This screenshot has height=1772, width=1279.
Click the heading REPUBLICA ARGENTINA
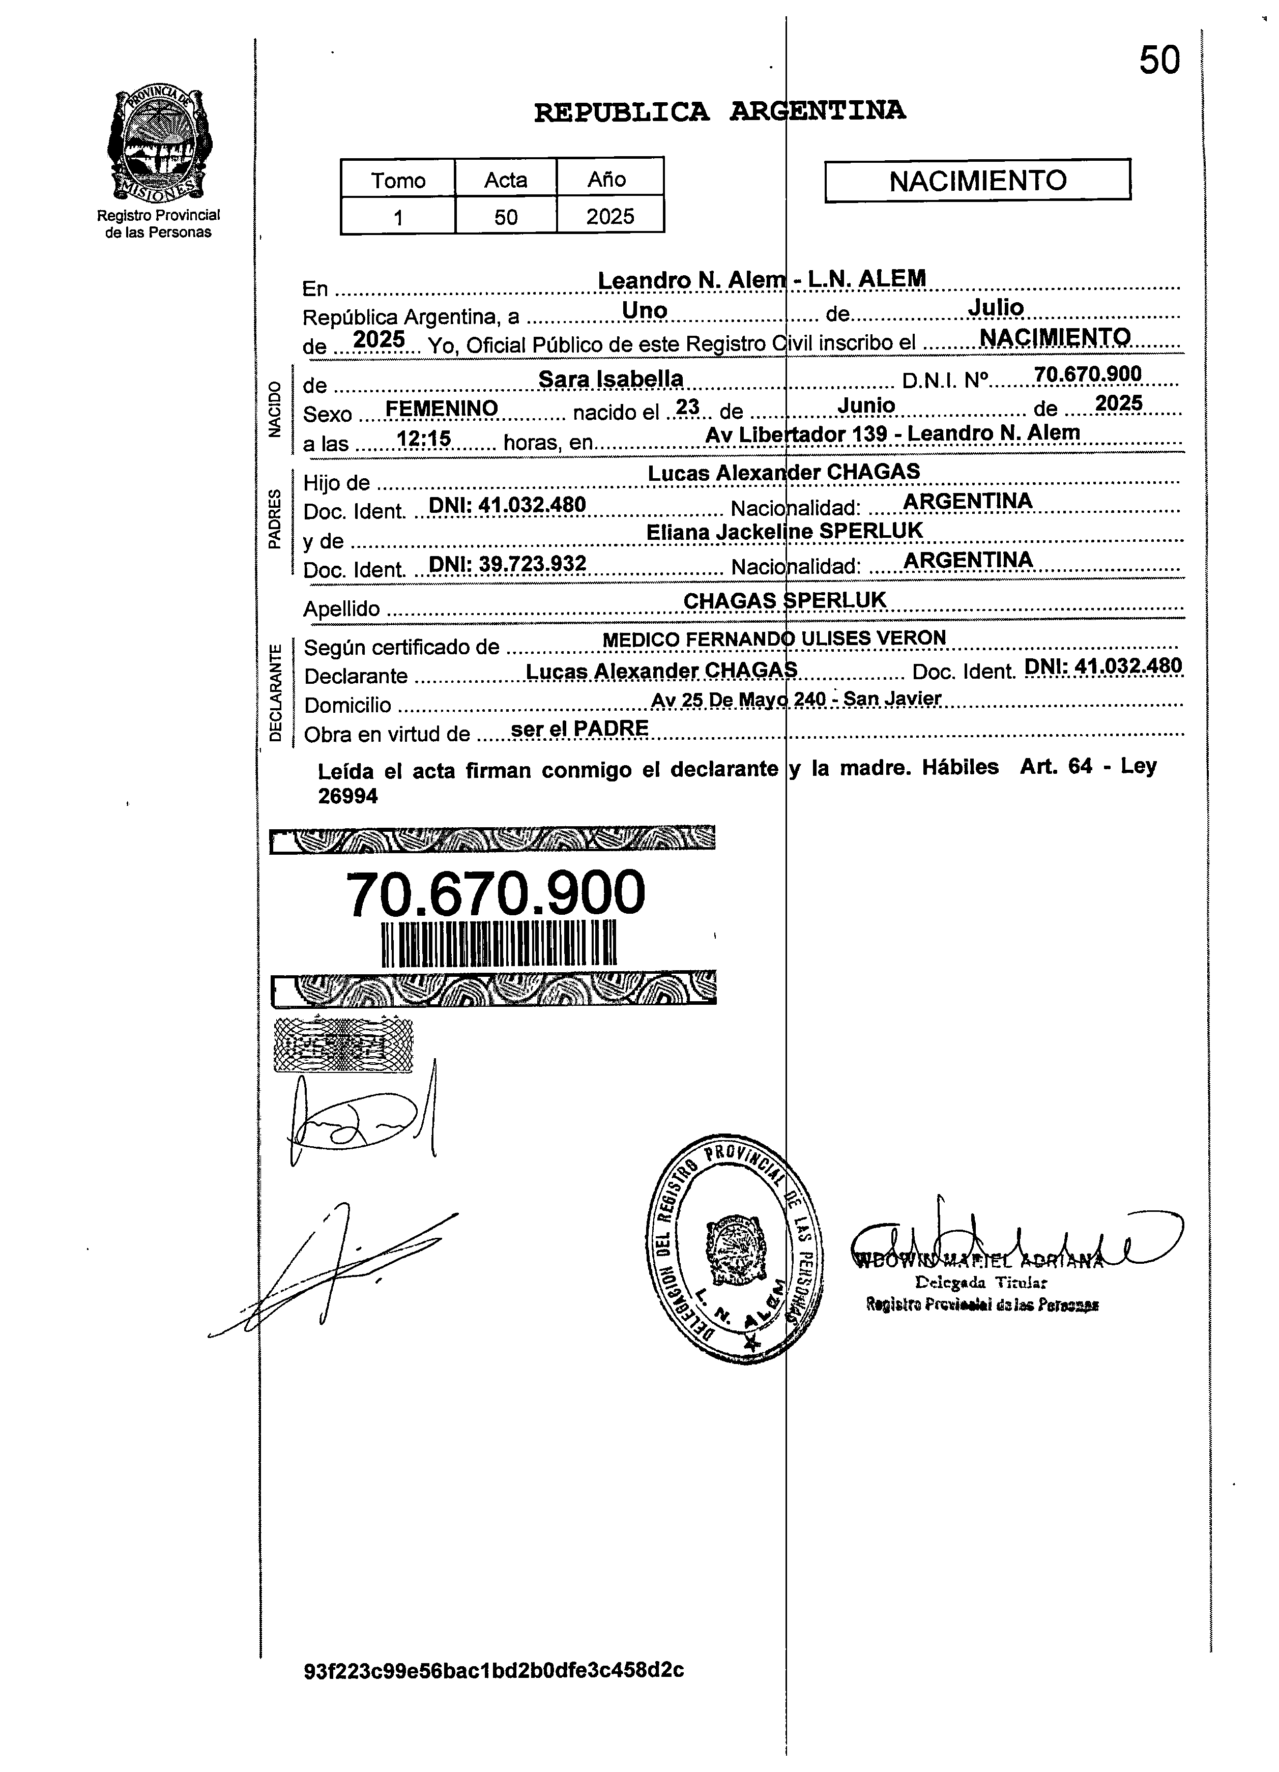point(719,112)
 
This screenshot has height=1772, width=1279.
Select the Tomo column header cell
point(398,180)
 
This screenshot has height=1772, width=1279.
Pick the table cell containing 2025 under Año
point(609,216)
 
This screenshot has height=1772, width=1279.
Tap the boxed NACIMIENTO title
point(977,181)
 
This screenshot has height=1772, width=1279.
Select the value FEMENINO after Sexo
point(442,408)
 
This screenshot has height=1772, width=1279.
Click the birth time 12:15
point(424,439)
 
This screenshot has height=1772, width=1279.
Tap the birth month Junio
point(866,405)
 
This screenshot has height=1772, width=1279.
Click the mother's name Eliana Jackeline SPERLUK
point(784,531)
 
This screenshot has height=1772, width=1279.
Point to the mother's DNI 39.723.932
point(508,563)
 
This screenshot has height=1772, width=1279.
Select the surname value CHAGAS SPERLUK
point(784,599)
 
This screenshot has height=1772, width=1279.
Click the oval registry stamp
point(735,1250)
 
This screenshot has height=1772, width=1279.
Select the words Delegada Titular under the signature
point(980,1282)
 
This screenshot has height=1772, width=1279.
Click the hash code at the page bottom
point(494,1670)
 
